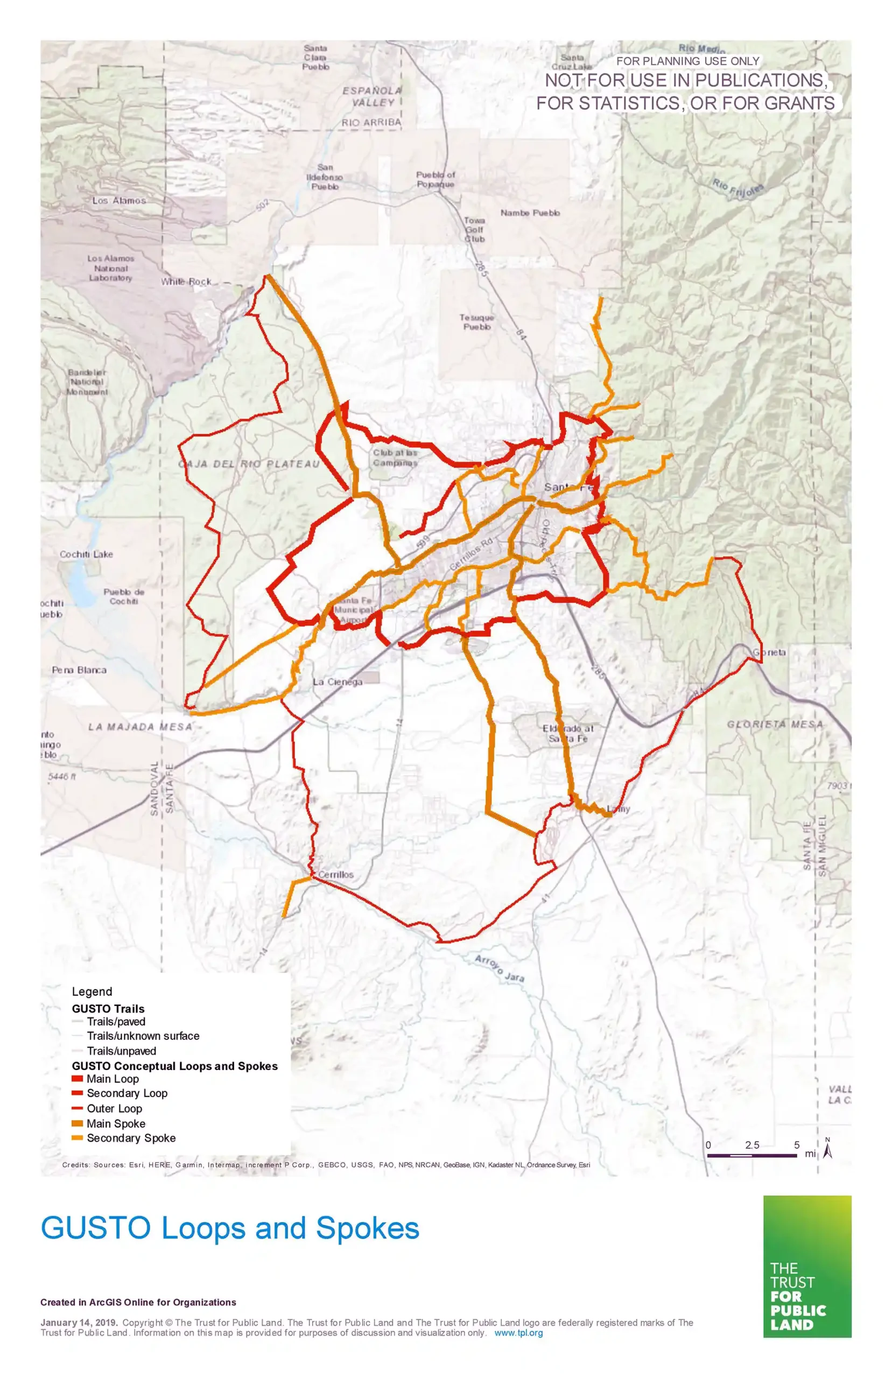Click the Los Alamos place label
[119, 200]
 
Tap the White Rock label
[186, 282]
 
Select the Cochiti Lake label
[86, 554]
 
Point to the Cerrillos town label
[335, 874]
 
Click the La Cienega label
[338, 681]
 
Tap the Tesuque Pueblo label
[477, 322]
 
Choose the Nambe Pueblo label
[530, 213]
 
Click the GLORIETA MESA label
[775, 724]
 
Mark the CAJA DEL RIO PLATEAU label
[249, 464]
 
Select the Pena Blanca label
[79, 670]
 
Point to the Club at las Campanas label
[395, 458]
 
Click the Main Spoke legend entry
[116, 1123]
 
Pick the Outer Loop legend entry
[114, 1108]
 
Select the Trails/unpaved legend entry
[121, 1051]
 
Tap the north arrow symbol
[828, 1148]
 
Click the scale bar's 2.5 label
[752, 1145]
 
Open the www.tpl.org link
[518, 1332]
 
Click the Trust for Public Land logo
[807, 1266]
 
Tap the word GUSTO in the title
[96, 1227]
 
